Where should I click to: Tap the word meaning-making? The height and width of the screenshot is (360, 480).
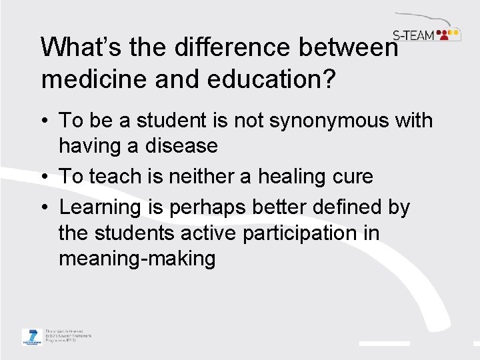(137, 258)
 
